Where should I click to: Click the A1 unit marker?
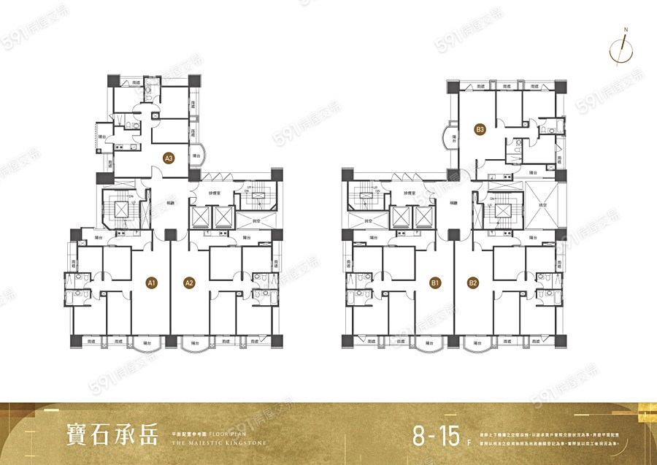pos(152,283)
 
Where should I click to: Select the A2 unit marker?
pos(188,283)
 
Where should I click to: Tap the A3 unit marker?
pos(169,157)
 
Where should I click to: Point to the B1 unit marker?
pos(436,283)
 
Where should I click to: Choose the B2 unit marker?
pos(473,283)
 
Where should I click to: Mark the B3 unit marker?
pos(480,131)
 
